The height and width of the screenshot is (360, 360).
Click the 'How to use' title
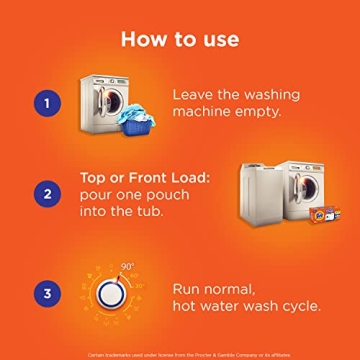pyautogui.click(x=180, y=39)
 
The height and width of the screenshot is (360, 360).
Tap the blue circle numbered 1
pyautogui.click(x=45, y=102)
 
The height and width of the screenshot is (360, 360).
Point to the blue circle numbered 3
pyautogui.click(x=45, y=293)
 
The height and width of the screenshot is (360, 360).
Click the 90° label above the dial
pyautogui.click(x=128, y=267)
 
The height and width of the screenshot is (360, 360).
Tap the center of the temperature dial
pyautogui.click(x=113, y=294)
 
